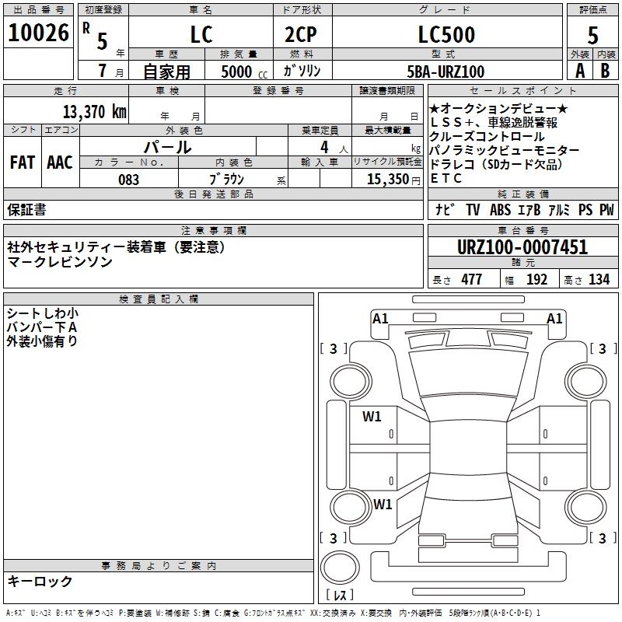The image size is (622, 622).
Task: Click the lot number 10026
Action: (38, 33)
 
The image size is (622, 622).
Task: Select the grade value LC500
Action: (446, 34)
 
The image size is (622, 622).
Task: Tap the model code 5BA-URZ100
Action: (446, 72)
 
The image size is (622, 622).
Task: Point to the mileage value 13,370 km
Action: (95, 112)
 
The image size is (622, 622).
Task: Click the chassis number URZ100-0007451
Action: (522, 247)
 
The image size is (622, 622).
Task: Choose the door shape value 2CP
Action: (301, 34)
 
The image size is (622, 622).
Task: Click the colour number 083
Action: (129, 180)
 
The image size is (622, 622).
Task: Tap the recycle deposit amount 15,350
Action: (388, 180)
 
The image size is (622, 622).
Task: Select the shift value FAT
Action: (23, 162)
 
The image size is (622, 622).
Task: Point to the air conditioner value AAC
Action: (60, 162)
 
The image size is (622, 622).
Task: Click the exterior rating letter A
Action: (580, 71)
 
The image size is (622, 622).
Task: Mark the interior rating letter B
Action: (606, 71)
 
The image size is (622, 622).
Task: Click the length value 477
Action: (472, 279)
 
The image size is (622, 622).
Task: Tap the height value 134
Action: (599, 279)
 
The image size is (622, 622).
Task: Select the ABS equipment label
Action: (500, 209)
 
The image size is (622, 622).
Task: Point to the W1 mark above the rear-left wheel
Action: (383, 504)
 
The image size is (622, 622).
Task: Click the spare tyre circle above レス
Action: (340, 567)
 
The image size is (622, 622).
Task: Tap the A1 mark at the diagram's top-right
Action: (554, 319)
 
